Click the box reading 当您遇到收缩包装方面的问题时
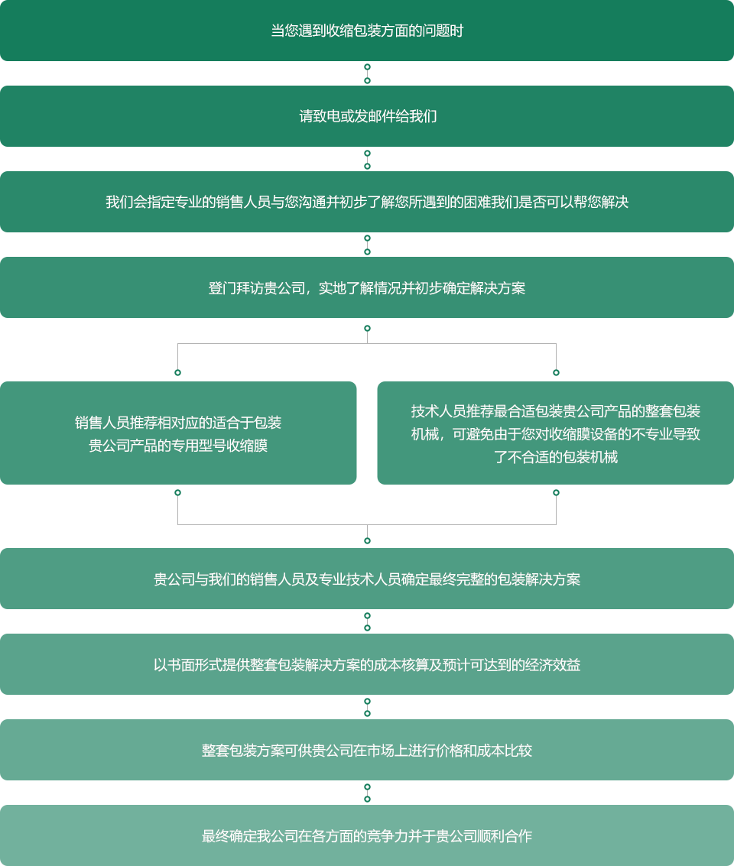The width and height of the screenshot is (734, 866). (x=367, y=31)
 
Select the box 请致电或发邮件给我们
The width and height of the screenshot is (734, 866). (x=367, y=116)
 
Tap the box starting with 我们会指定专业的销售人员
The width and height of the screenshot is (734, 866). (x=367, y=202)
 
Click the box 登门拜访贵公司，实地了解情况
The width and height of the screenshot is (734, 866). (x=367, y=287)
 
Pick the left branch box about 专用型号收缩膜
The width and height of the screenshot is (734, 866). (x=178, y=433)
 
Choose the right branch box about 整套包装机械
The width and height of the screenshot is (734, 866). (x=555, y=433)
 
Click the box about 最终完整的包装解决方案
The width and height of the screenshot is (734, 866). (x=367, y=579)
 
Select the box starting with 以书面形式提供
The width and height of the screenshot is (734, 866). (x=367, y=664)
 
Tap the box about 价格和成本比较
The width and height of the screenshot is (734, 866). (x=367, y=750)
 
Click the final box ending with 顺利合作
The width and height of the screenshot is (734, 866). (x=367, y=835)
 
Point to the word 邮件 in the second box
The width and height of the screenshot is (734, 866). (x=382, y=117)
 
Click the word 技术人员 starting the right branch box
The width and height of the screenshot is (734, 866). (x=438, y=411)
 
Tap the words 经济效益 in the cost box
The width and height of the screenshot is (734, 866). (x=553, y=665)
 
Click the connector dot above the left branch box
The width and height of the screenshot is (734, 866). (x=177, y=373)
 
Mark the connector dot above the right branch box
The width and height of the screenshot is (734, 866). (x=556, y=373)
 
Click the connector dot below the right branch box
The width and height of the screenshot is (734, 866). (x=556, y=493)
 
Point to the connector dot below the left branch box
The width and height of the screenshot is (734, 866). (x=177, y=493)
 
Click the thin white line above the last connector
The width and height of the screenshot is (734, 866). (x=229, y=782)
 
